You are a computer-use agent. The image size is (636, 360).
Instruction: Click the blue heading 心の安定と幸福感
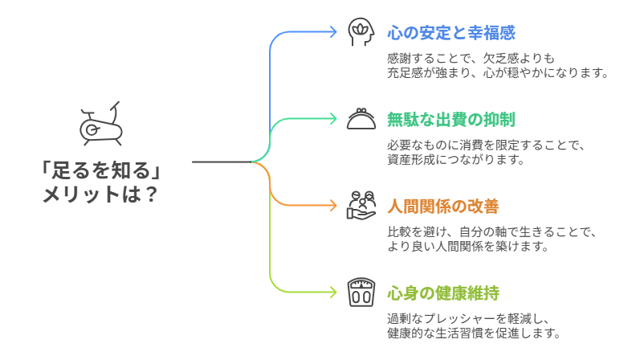(450, 33)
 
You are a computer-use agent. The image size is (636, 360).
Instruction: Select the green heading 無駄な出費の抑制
(450, 120)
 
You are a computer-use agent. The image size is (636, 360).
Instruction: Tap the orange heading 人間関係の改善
(442, 206)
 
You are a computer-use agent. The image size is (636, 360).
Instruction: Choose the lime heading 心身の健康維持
(442, 292)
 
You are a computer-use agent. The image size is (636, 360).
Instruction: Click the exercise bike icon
(99, 124)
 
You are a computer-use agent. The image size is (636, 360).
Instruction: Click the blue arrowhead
(333, 32)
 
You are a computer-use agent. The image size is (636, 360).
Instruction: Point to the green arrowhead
(333, 119)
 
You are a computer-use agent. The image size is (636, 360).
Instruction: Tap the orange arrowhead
(333, 206)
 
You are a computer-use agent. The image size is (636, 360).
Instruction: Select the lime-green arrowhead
(333, 292)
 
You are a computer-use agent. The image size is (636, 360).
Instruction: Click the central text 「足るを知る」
(98, 171)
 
